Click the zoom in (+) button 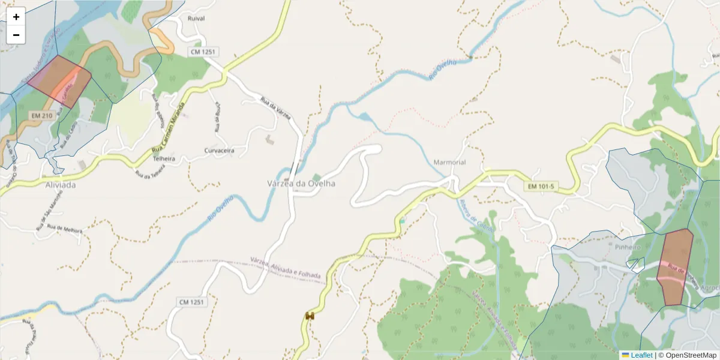coord(16,17)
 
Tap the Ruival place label coord(196,19)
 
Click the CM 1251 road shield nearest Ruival coord(202,52)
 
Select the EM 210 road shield coord(41,115)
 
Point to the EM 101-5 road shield coord(541,187)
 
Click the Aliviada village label coord(61,185)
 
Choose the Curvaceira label coord(219,150)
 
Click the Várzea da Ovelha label coord(301,184)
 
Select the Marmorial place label coord(449,163)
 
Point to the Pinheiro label coord(628,247)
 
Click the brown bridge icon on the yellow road coord(310,316)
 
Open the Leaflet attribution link coord(641,355)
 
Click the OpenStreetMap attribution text coord(687,355)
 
